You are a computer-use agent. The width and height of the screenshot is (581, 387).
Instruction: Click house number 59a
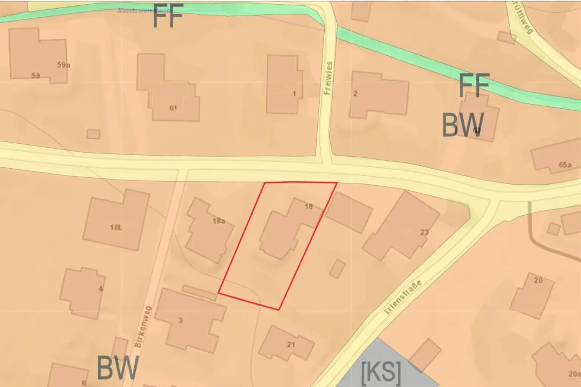pos(64,65)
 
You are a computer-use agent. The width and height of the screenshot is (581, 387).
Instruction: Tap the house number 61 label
pos(173,108)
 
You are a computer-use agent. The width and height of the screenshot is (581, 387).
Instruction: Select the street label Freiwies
pos(328,78)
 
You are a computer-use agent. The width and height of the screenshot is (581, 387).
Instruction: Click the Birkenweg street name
pos(143,326)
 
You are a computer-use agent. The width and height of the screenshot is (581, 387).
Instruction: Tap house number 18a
pos(219,221)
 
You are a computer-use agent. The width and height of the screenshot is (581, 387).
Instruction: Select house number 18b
pos(116,227)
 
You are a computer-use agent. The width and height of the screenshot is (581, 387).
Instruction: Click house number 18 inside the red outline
pos(309,207)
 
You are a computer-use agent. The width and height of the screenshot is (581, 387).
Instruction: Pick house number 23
pos(424,232)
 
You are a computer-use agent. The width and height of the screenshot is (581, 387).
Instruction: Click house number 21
pos(291,345)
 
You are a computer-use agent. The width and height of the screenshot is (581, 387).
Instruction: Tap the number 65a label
pos(565,165)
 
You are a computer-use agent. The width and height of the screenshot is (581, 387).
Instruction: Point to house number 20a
pos(574,374)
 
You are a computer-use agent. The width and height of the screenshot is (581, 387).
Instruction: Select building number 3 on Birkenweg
pos(180,321)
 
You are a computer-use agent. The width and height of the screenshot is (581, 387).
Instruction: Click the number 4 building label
pos(101,289)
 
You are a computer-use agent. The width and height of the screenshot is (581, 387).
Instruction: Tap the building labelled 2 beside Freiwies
pos(355,93)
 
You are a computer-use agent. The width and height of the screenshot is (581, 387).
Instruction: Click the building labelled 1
pos(294,93)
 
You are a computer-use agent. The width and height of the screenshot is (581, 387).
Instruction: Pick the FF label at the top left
pos(168,16)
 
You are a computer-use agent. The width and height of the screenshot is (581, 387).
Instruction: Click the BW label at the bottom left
pos(117,368)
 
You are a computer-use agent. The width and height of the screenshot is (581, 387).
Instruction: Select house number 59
pos(36,76)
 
